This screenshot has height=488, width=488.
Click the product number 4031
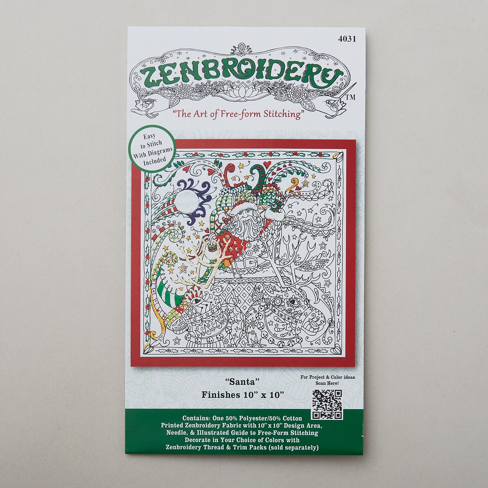[347, 39]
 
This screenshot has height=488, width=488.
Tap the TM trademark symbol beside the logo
[351, 97]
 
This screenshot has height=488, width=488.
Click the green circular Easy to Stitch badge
[153, 149]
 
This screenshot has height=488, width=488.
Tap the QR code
[327, 404]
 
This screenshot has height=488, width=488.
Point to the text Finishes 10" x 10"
[242, 394]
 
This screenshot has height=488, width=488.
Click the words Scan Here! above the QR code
[327, 383]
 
